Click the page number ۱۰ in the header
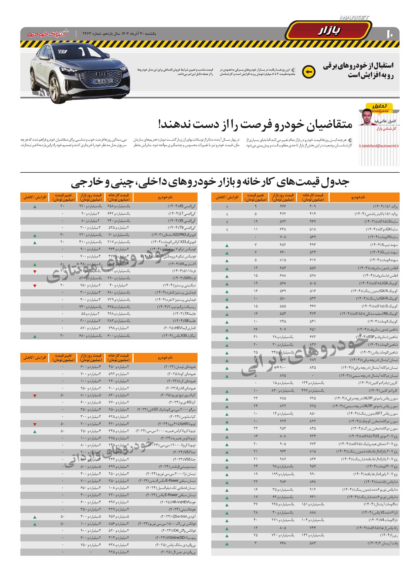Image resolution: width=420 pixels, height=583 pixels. pyautogui.click(x=390, y=34)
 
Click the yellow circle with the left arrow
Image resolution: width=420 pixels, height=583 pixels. pyautogui.click(x=309, y=72)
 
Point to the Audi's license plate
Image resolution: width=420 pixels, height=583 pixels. pyautogui.click(x=102, y=81)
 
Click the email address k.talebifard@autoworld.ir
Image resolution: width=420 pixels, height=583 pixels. pyautogui.click(x=379, y=146)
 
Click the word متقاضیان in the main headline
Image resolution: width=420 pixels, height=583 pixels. pyautogui.click(x=325, y=125)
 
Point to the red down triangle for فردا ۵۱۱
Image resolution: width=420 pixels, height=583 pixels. pyautogui.click(x=35, y=271)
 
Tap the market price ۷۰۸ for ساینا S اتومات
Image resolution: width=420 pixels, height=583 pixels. pyautogui.click(x=283, y=237)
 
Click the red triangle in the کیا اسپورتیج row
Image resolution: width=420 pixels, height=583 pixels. pyautogui.click(x=35, y=396)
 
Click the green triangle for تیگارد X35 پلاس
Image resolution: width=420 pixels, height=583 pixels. pyautogui.click(x=35, y=336)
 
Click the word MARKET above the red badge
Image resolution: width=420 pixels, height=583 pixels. pyautogui.click(x=354, y=18)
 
